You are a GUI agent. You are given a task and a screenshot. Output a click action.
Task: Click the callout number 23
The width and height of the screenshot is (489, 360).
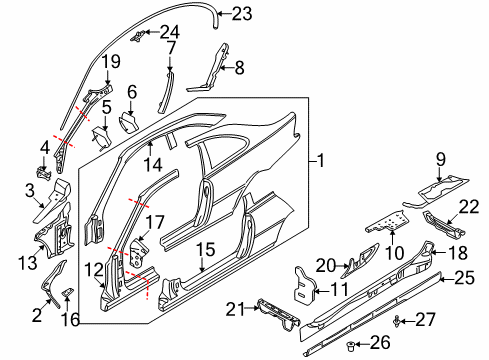coord(242,14)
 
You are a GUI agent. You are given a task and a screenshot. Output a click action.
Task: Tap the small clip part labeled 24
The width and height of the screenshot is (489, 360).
coord(139,35)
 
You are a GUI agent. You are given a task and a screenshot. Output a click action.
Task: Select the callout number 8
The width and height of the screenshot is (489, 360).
coord(239,68)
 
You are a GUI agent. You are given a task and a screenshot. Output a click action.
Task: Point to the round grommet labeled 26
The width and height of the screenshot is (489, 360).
coord(350,346)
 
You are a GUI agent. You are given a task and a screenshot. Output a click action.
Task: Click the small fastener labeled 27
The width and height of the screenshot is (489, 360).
coord(396,321)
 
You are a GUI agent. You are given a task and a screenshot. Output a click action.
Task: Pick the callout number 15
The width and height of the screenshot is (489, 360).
coord(205,249)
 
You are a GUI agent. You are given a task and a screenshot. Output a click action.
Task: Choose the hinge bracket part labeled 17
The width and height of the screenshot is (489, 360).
coord(139,253)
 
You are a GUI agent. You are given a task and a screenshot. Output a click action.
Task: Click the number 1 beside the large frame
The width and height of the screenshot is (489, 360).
coord(321,161)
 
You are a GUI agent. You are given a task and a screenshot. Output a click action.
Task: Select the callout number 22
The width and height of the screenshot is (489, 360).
coord(469,207)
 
